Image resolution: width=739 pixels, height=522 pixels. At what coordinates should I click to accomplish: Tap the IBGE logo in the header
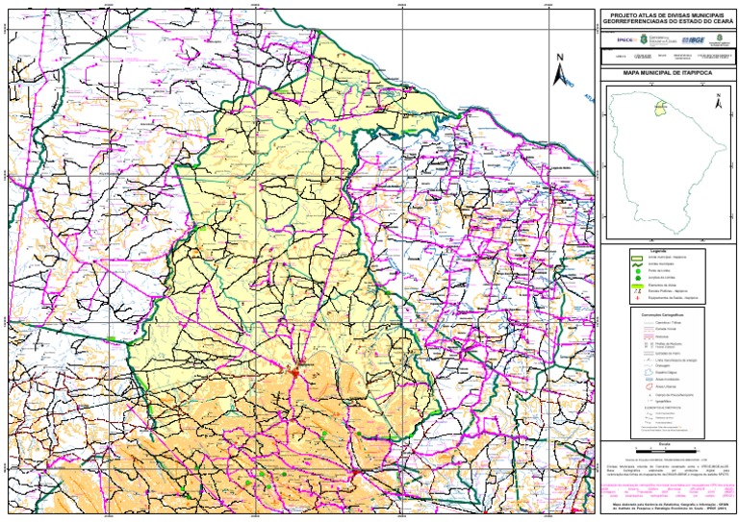[x=694, y=40]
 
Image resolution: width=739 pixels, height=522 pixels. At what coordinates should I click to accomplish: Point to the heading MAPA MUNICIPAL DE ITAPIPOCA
[x=667, y=72]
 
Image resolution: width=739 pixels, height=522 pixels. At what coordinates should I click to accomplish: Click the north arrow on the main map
[x=559, y=68]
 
